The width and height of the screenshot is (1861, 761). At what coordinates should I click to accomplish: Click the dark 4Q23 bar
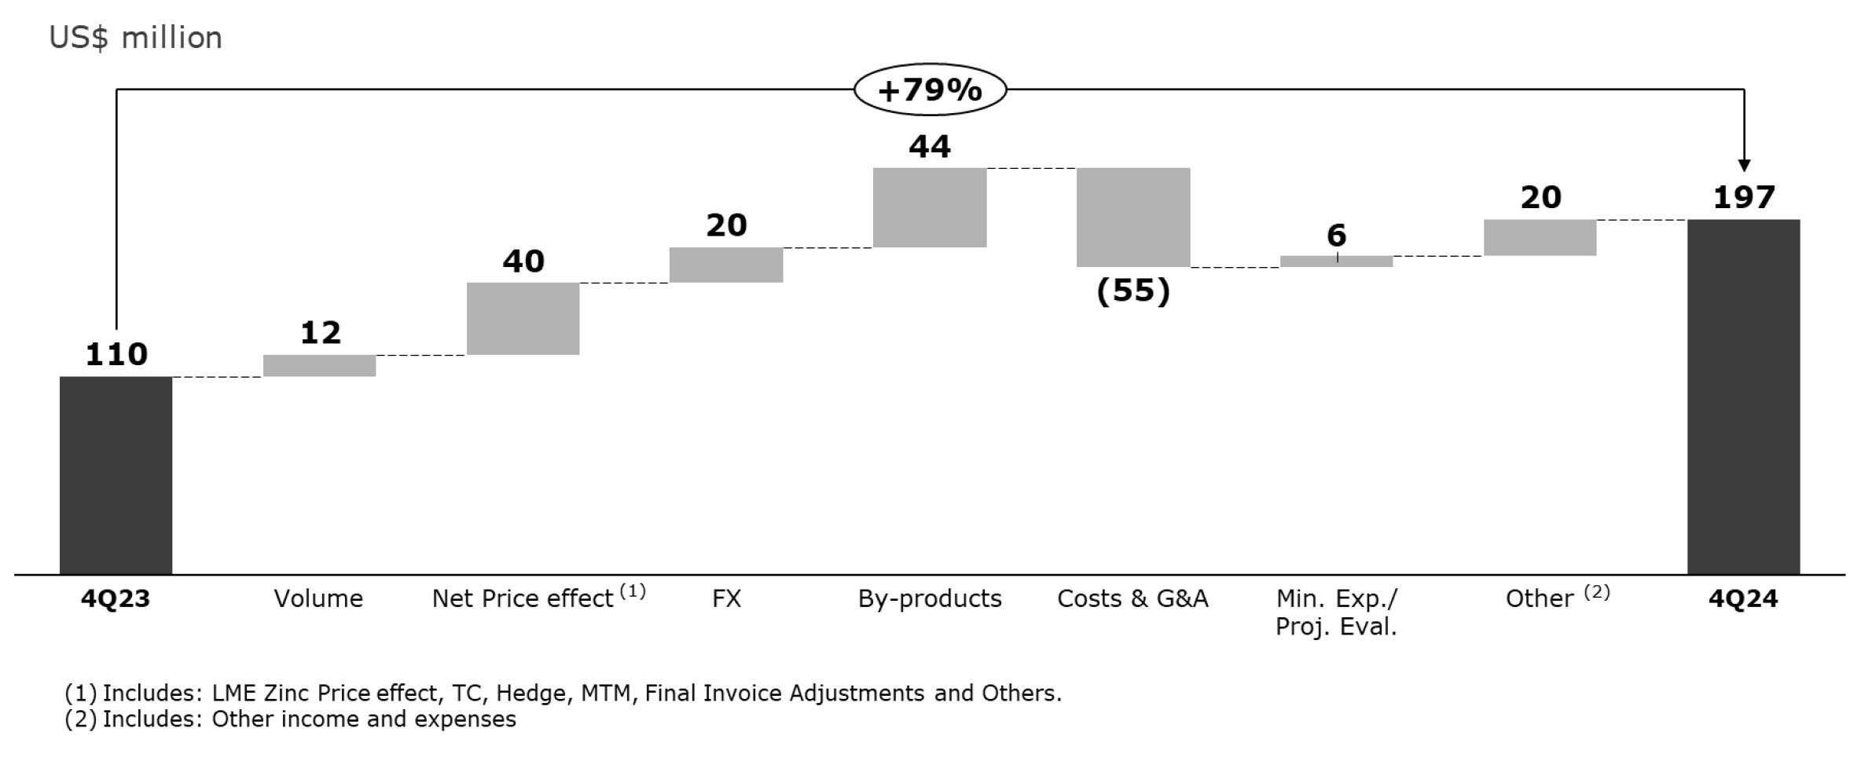coord(116,475)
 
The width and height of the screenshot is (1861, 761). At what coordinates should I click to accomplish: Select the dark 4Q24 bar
coord(1743,397)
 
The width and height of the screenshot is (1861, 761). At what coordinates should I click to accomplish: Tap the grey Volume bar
coord(319,366)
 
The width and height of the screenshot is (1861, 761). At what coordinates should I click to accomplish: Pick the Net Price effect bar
coord(523,319)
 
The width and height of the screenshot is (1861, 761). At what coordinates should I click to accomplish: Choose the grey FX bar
coord(725,265)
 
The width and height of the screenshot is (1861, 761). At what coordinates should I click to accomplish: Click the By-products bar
coord(929,207)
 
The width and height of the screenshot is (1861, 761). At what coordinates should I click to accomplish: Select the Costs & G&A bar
coord(1132,218)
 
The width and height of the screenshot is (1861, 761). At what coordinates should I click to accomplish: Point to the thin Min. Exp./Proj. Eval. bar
coord(1336,262)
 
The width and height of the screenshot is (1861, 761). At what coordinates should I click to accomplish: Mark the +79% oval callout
coord(930,90)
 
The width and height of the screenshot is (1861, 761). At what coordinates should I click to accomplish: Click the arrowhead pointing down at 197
coord(1744,165)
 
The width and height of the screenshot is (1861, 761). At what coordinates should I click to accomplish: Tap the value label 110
coord(116,355)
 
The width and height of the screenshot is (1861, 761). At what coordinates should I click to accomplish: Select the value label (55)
coord(1133,291)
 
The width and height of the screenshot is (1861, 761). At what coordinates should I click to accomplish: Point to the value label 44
coord(930,147)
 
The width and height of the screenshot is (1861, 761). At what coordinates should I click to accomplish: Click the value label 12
coord(321,333)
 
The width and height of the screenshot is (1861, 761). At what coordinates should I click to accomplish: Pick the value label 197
coord(1744,197)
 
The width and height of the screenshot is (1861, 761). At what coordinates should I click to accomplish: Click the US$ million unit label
coord(135,38)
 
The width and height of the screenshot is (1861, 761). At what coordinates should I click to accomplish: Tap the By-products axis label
coord(930,598)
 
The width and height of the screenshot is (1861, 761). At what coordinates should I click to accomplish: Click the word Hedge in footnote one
coord(530,693)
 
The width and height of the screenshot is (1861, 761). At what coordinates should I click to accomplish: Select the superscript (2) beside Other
coord(1596,591)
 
